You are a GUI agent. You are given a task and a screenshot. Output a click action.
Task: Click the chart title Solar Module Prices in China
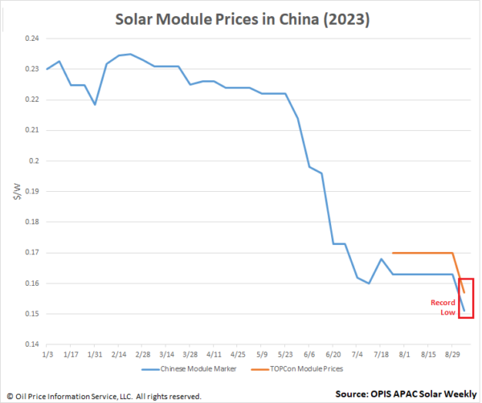[240, 17]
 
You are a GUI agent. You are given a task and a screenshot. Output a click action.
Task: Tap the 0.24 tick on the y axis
[33, 39]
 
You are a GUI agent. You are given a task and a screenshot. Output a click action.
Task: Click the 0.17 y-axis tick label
[33, 252]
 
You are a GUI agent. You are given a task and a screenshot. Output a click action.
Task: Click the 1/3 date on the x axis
[47, 353]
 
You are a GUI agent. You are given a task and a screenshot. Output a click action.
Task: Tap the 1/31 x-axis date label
[95, 353]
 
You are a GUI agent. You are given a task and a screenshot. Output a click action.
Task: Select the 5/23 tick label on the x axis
[285, 353]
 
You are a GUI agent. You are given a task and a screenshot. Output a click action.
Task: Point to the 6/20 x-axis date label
[333, 353]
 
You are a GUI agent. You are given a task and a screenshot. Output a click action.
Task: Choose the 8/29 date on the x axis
[451, 353]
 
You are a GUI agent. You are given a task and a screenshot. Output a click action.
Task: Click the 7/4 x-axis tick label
[357, 353]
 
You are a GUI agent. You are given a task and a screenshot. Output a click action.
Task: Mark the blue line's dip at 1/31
[95, 104]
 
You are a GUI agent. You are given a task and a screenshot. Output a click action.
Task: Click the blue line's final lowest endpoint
[464, 310]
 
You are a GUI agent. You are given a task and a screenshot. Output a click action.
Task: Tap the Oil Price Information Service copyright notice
[104, 396]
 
